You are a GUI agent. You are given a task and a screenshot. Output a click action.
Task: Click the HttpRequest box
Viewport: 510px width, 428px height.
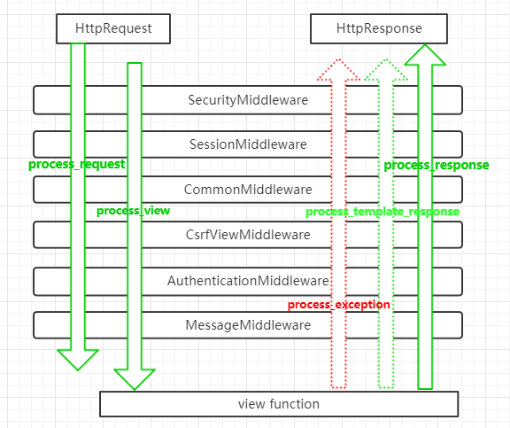(x=113, y=28)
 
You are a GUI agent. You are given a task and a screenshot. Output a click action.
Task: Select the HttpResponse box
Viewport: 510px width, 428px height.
(x=379, y=28)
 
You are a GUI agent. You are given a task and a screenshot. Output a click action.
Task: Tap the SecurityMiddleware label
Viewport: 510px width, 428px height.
(x=248, y=100)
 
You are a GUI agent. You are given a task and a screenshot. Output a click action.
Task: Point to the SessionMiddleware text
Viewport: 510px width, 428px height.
(x=248, y=144)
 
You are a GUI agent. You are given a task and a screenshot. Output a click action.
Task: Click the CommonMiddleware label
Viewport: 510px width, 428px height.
(x=248, y=190)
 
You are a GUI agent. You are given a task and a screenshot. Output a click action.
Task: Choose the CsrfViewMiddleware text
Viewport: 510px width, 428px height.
(x=248, y=235)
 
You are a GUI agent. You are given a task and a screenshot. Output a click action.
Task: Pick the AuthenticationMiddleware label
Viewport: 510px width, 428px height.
(x=248, y=281)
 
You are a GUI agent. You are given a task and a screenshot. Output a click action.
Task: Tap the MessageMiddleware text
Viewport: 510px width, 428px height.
(x=248, y=325)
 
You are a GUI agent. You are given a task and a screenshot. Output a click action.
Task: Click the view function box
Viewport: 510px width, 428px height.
(x=279, y=404)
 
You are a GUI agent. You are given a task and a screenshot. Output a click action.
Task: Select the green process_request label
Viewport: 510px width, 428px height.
(x=77, y=164)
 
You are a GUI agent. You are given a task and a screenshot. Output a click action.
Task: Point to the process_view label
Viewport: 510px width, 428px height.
(x=134, y=211)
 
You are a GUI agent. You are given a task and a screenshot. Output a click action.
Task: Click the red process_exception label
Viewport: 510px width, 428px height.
(x=339, y=305)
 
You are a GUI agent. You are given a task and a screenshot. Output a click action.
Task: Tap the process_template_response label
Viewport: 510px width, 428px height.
(x=382, y=212)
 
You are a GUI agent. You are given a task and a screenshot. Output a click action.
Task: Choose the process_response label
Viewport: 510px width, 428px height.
(x=437, y=166)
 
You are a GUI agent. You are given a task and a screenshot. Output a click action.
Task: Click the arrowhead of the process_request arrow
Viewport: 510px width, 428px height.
(x=78, y=360)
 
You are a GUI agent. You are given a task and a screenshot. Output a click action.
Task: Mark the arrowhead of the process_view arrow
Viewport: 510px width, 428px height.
(x=135, y=379)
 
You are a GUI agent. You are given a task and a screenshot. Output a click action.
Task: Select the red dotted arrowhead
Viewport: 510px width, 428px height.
(x=338, y=70)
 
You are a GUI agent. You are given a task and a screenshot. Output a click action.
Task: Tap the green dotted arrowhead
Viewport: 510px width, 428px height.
(x=386, y=70)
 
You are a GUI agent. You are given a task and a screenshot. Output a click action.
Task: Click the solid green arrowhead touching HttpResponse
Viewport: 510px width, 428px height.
(x=425, y=55)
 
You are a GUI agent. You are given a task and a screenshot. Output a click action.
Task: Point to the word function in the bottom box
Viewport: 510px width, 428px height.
(x=295, y=404)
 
